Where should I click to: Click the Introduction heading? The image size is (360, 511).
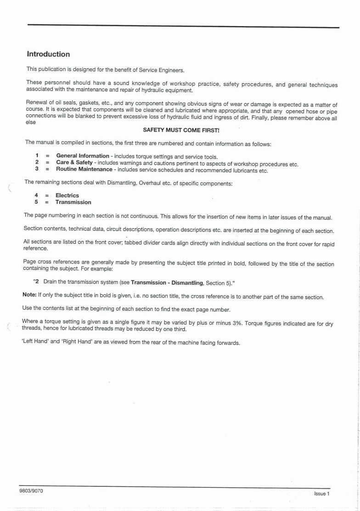click(x=48, y=54)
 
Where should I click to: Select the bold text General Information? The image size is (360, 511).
click(x=83, y=157)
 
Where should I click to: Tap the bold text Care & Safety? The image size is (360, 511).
click(x=74, y=163)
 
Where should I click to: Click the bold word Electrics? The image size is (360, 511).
click(x=67, y=196)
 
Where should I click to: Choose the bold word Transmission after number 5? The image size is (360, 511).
click(x=73, y=202)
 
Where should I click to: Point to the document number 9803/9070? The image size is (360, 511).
click(x=31, y=491)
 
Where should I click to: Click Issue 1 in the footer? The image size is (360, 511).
click(x=322, y=494)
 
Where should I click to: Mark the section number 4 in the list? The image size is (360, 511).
click(x=36, y=196)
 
